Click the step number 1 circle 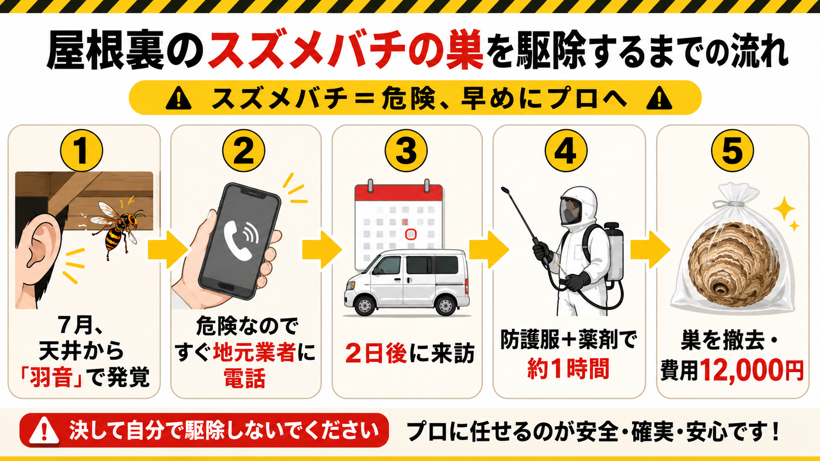pos(81,150)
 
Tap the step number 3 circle pos(406,150)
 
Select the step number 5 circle pos(732,150)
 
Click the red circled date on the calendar pos(411,234)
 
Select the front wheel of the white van pos(365,306)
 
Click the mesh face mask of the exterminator pos(570,211)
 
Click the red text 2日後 pos(376,353)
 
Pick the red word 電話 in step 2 pos(245,378)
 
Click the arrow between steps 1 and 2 pos(168,250)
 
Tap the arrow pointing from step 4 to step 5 pos(650,250)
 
